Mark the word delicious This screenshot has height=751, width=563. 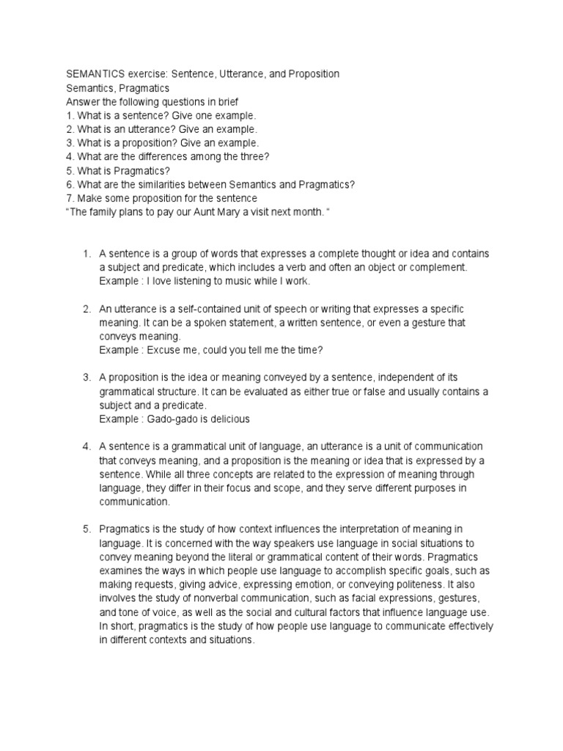click(229, 419)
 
